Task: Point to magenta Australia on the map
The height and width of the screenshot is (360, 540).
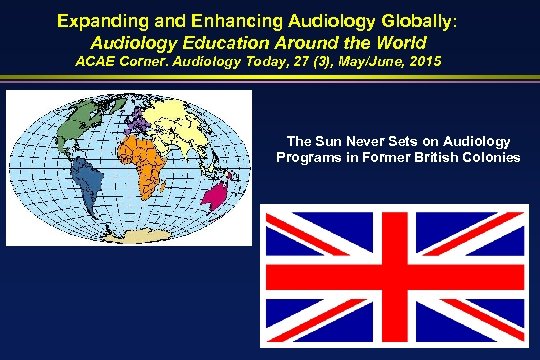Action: pos(218,190)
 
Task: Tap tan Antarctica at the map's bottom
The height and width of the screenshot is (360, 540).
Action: pos(135,237)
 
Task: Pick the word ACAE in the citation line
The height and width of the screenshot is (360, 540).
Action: pos(97,64)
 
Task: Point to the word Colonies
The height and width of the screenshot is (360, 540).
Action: pos(490,157)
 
